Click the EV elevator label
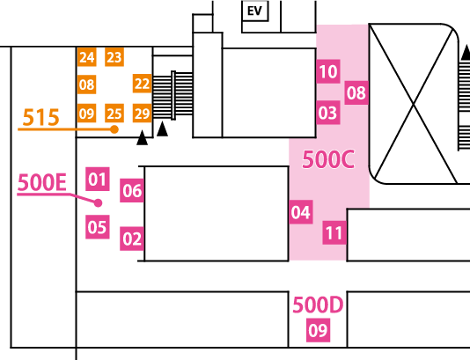tap(254, 11)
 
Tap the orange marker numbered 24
tap(86, 56)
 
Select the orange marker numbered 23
tap(114, 56)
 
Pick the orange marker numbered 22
tap(142, 84)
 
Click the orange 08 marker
tap(86, 84)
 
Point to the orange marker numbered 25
tap(114, 114)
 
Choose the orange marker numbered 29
tap(142, 114)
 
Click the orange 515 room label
tap(41, 117)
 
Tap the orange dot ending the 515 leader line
tap(114, 129)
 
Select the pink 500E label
tap(42, 182)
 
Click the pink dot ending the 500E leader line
tap(98, 203)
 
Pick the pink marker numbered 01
tap(98, 179)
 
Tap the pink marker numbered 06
tap(132, 190)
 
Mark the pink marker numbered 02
tap(132, 239)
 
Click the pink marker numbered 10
tap(328, 71)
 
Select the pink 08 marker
tap(356, 92)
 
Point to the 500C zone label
tap(328, 159)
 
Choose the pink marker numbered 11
tap(334, 232)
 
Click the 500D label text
tap(318, 305)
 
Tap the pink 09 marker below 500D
tap(318, 330)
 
